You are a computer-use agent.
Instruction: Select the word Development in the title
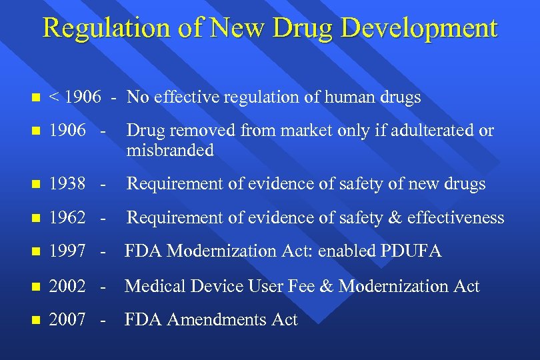(x=411, y=28)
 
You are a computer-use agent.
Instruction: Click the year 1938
(x=68, y=183)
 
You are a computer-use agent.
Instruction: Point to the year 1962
(x=68, y=217)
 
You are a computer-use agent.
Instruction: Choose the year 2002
(x=68, y=286)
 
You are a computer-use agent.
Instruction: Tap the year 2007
(x=68, y=320)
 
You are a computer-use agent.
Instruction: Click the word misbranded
(x=170, y=150)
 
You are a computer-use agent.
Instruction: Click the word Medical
(x=155, y=286)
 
